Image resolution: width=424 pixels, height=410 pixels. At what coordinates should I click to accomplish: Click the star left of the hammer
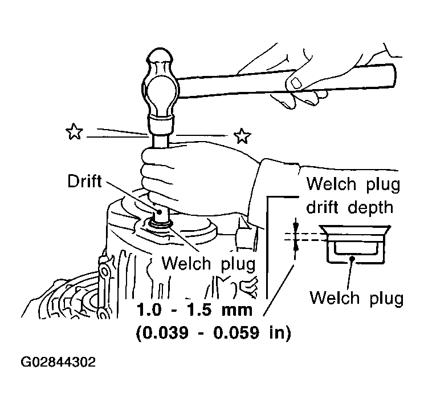click(74, 131)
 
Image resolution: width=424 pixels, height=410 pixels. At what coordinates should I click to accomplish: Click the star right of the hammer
click(242, 136)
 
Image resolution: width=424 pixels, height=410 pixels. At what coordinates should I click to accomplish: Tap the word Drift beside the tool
click(85, 181)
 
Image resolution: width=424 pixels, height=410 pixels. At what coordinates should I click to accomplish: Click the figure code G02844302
click(58, 362)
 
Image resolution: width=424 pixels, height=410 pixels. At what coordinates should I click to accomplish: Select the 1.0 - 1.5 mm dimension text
click(194, 309)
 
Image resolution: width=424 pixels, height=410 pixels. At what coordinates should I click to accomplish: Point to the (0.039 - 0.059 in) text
click(213, 332)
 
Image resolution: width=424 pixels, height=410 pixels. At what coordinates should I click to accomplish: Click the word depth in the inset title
click(370, 208)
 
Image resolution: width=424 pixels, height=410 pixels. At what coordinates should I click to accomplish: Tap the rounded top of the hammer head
click(160, 55)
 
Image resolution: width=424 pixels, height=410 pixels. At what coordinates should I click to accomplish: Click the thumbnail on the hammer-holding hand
click(296, 82)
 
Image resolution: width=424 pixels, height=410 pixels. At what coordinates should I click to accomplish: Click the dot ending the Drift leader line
click(159, 212)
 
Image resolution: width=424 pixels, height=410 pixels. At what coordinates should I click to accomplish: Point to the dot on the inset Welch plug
click(352, 259)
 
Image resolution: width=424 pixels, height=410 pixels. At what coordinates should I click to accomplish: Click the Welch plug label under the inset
click(356, 298)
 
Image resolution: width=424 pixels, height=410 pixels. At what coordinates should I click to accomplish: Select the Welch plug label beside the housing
click(209, 263)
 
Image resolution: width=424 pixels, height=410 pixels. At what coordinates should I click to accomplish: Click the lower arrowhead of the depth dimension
click(296, 247)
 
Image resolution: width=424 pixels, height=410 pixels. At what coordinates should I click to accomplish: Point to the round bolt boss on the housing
click(103, 271)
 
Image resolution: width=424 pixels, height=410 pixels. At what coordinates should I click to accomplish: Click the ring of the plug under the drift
click(160, 224)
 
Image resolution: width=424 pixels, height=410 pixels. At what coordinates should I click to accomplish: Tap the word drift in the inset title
click(322, 208)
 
